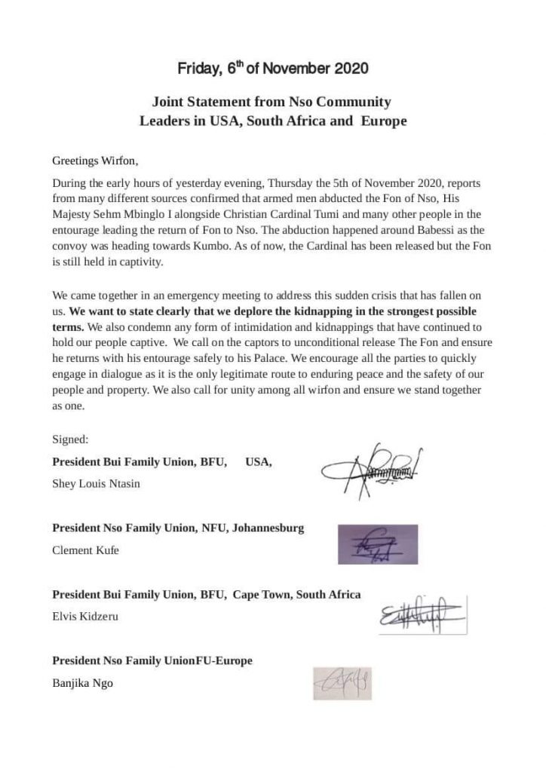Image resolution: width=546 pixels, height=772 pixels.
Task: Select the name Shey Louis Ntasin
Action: coord(96,483)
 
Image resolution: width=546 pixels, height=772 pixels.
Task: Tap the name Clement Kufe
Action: coord(85,550)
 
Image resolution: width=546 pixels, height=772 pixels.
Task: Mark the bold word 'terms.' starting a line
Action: coord(68,326)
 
